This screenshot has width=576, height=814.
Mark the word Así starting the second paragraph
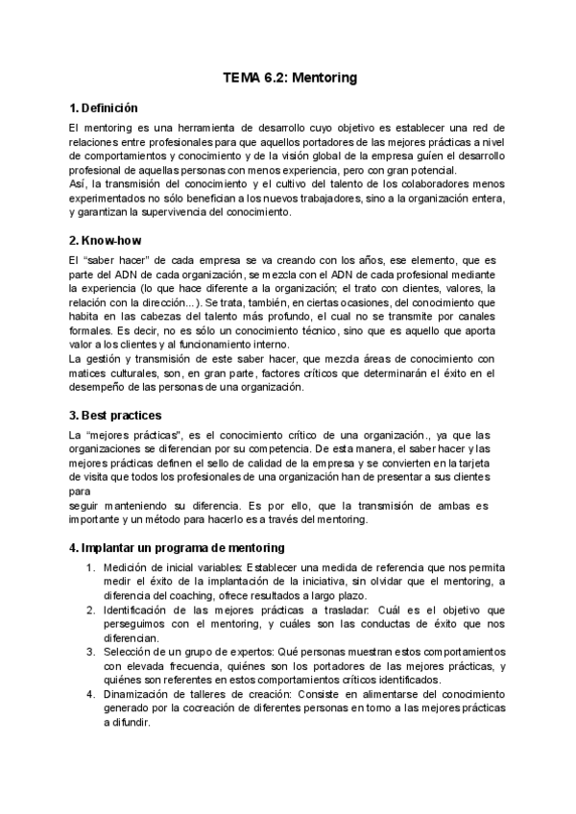tap(78, 183)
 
